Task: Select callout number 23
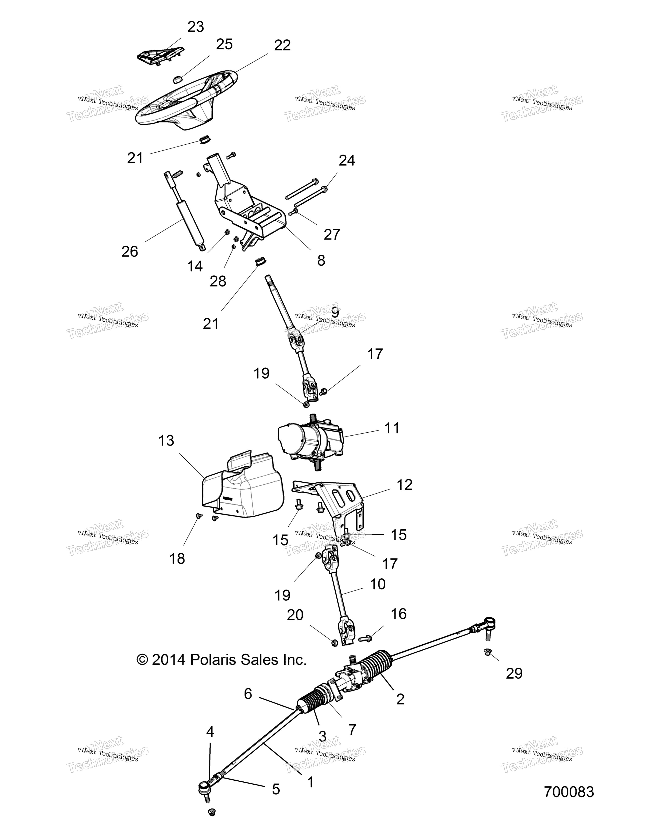pos(196,27)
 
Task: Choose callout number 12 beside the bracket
pos(404,485)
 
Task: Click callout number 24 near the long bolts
pos(347,160)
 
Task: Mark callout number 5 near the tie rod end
pos(276,789)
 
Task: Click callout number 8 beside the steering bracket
pos(321,260)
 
